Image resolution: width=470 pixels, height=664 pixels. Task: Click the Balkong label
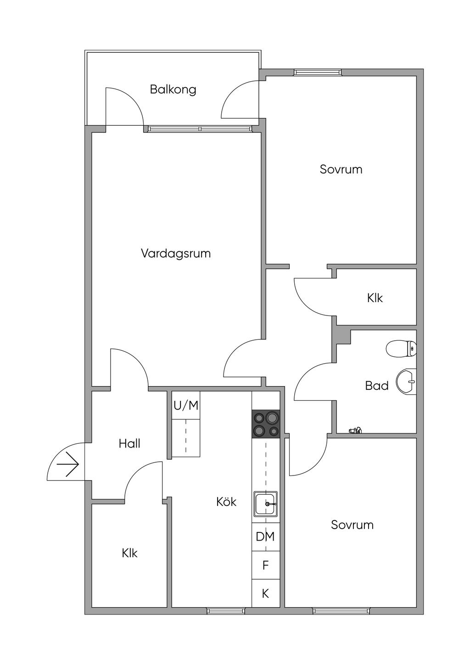173,89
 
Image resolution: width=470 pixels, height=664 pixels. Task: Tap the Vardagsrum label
176,253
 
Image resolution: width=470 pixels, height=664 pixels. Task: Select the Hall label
129,443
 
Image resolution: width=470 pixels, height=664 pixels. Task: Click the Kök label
226,502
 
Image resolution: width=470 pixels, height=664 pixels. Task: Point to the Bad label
377,386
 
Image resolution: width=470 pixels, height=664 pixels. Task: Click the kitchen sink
266,504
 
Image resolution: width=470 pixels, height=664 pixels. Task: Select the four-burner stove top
266,424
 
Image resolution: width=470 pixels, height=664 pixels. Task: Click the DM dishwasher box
265,536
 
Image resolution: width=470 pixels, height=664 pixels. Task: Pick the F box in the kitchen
265,565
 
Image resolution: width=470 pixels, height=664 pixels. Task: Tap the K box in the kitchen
265,593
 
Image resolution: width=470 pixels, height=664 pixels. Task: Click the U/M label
186,405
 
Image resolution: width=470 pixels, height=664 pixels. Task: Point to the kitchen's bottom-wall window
226,611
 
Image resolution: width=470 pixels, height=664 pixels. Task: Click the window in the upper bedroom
318,72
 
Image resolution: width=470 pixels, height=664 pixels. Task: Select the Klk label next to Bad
375,298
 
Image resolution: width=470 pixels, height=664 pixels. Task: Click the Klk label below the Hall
129,553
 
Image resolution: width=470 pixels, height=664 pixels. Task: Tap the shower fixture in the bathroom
355,430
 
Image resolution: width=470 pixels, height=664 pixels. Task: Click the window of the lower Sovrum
341,611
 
